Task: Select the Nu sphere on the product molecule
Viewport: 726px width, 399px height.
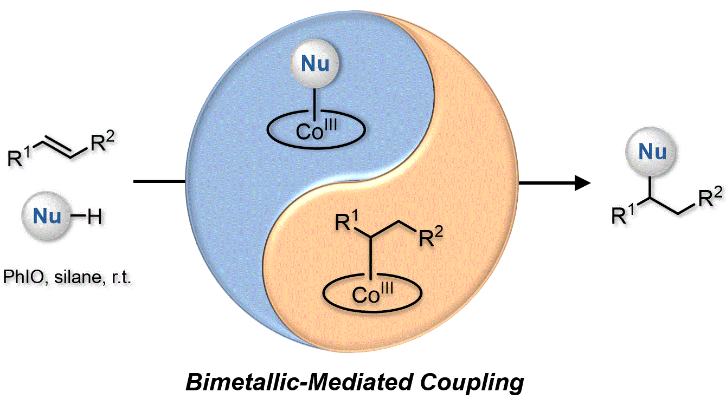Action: click(653, 153)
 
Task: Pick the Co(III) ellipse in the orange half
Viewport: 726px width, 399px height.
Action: click(371, 293)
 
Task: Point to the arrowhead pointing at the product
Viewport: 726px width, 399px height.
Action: click(582, 182)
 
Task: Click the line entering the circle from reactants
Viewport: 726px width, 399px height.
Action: click(160, 180)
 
